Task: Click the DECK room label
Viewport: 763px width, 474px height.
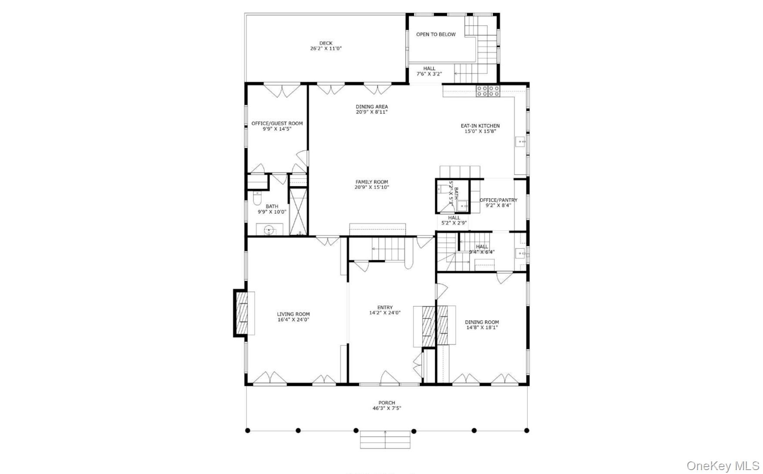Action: tap(326, 43)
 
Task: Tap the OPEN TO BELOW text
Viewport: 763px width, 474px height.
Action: tap(436, 34)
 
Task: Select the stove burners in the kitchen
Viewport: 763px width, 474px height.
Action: tap(488, 91)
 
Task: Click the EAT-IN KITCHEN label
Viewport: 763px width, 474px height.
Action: tap(480, 126)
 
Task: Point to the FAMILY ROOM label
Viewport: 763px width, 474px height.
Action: tap(371, 182)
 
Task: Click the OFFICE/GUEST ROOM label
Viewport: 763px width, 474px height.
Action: tap(277, 123)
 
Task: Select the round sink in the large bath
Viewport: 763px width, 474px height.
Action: tap(270, 230)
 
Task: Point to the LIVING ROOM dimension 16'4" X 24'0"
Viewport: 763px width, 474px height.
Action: tap(293, 320)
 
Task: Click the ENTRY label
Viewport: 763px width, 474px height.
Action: tap(385, 308)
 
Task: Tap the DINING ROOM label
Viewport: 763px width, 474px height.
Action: tap(482, 322)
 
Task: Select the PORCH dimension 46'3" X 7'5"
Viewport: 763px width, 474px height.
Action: tap(386, 408)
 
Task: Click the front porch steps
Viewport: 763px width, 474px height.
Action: tap(385, 440)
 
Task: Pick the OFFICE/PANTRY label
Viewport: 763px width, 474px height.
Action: tap(498, 200)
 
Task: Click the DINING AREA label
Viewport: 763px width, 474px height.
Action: tap(371, 107)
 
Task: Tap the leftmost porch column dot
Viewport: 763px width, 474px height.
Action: tap(247, 431)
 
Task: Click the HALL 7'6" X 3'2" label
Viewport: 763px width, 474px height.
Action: tap(429, 69)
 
